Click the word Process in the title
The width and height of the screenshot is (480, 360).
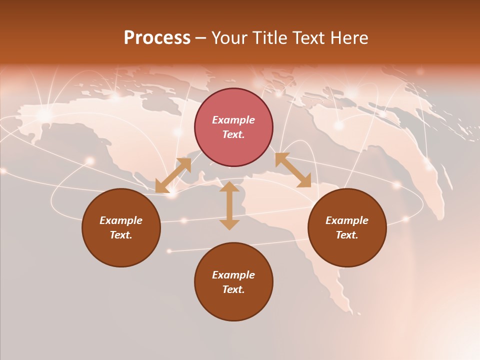[157, 38]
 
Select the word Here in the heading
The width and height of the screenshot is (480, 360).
[348, 38]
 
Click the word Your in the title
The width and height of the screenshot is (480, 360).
[229, 38]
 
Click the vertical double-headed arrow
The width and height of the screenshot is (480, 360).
[229, 206]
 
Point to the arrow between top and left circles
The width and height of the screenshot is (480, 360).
[173, 175]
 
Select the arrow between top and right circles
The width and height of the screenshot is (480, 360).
[293, 170]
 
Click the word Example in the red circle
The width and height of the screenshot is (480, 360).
[233, 120]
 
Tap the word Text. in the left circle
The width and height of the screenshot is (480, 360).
[121, 235]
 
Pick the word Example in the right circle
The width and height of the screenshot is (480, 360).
[347, 220]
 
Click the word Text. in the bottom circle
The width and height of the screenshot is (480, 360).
[233, 289]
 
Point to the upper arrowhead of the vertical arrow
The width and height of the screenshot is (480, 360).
[229, 186]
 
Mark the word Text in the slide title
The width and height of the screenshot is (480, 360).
[306, 38]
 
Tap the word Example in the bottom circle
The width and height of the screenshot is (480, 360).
[233, 275]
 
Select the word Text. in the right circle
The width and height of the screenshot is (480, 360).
[347, 235]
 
